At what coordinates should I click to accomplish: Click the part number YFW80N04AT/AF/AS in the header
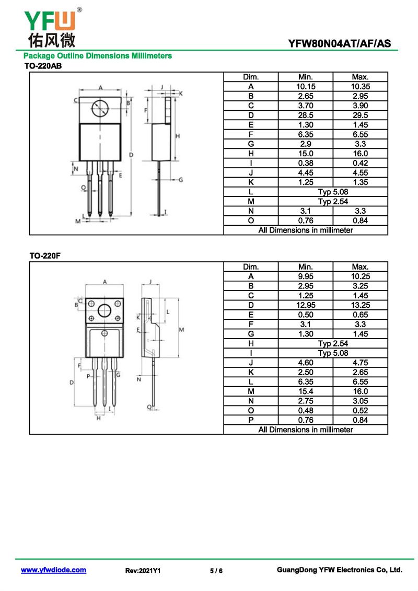(x=339, y=43)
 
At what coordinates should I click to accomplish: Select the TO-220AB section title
(x=43, y=66)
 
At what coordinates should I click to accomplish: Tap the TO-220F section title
(x=45, y=256)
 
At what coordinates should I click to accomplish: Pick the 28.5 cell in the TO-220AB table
(x=305, y=115)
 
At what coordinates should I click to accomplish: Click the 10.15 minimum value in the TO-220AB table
(x=305, y=86)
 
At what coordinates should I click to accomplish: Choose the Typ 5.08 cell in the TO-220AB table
(x=333, y=192)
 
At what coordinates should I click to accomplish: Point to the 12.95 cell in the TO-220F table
(x=305, y=305)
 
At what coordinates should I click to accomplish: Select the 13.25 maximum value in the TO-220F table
(x=361, y=305)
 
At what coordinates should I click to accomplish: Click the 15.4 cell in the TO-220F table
(x=305, y=391)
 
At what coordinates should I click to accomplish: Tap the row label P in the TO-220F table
(x=251, y=420)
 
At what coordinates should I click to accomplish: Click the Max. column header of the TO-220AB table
(x=361, y=77)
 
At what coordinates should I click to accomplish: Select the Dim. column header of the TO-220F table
(x=251, y=267)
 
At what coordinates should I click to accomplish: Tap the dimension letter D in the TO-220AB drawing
(x=131, y=155)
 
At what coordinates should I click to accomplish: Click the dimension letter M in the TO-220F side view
(x=181, y=330)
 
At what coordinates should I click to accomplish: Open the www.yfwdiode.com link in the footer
(x=53, y=570)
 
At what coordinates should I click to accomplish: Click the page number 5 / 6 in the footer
(x=216, y=571)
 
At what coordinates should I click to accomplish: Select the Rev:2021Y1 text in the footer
(x=143, y=571)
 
